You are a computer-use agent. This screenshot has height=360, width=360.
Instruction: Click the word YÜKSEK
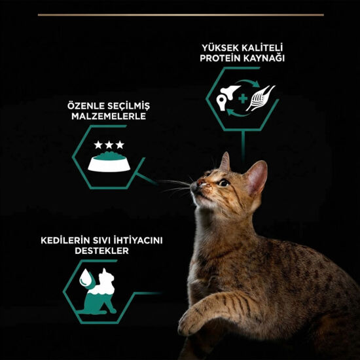(219, 48)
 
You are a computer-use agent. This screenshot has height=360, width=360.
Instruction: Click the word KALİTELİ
(263, 48)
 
